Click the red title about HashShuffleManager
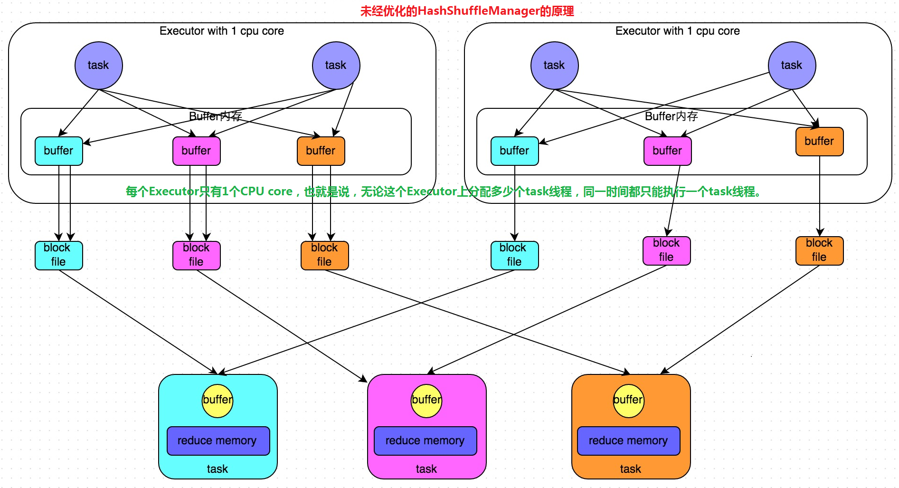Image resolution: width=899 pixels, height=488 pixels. click(467, 10)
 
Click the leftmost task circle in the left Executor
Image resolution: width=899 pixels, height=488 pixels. click(98, 66)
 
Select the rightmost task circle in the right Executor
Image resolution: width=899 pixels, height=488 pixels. click(791, 66)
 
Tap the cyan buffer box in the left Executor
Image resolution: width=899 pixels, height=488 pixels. click(58, 151)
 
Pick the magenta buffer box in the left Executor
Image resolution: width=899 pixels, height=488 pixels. click(196, 151)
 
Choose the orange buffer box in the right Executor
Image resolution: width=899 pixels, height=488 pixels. click(819, 142)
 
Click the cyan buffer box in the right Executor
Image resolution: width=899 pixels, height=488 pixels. click(514, 151)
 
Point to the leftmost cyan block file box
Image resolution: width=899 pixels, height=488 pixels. click(58, 256)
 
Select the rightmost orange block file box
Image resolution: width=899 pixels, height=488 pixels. click(819, 251)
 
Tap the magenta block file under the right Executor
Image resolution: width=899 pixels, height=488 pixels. click(666, 251)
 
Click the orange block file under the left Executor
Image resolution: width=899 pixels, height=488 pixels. click(324, 256)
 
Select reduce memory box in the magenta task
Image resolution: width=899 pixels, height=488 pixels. click(425, 441)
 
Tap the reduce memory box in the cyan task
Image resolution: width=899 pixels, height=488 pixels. click(218, 441)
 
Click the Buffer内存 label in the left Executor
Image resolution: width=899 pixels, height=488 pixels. click(215, 116)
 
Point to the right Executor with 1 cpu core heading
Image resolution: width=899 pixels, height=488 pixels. click(677, 31)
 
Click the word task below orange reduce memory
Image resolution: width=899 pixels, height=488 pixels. click(630, 469)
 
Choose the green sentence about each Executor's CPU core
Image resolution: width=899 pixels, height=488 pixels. click(444, 191)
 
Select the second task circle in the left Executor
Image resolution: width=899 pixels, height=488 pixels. click(336, 66)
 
